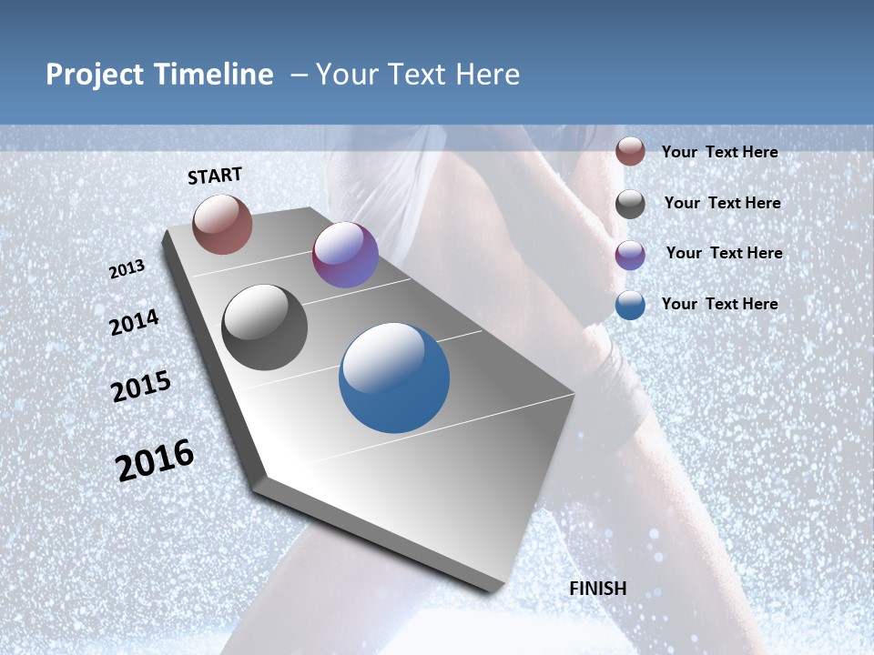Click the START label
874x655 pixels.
click(215, 176)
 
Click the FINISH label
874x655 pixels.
click(598, 588)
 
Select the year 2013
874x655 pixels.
click(127, 268)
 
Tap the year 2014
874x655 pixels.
click(134, 322)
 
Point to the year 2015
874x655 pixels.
click(140, 387)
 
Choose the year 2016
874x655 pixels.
click(155, 459)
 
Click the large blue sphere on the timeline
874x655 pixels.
click(394, 378)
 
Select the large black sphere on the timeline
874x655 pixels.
click(265, 327)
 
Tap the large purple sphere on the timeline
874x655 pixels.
click(345, 255)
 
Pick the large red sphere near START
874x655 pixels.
click(222, 224)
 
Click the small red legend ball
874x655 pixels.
click(630, 151)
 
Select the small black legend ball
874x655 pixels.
click(630, 204)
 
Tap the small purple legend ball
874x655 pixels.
click(630, 255)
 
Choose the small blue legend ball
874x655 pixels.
click(630, 305)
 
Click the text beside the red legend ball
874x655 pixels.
click(719, 152)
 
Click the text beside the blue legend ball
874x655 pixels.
click(719, 304)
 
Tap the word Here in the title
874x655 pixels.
click(487, 75)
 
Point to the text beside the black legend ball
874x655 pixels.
click(722, 203)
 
